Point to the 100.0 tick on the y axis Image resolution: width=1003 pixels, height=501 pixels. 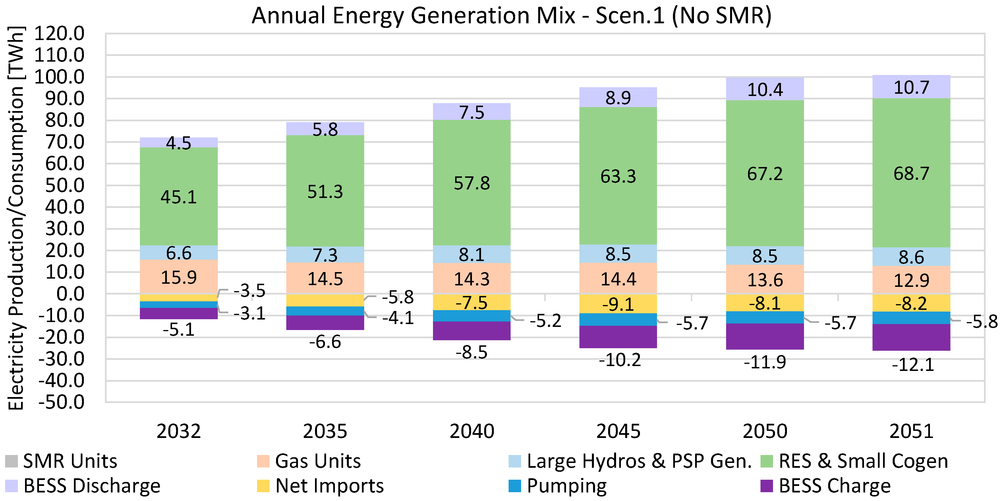point(59,77)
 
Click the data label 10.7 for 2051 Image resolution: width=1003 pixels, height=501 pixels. point(911,87)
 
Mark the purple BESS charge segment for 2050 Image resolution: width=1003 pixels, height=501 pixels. point(765,337)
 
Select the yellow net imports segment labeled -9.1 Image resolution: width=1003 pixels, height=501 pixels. point(618,304)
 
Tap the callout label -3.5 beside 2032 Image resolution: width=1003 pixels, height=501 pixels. point(249,291)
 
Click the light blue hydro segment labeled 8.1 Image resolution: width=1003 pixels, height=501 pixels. point(472,254)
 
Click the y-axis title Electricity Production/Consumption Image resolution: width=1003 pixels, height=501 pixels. point(16,218)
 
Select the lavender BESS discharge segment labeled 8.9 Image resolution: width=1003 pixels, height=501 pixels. point(618,97)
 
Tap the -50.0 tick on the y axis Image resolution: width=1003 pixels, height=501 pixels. point(61,402)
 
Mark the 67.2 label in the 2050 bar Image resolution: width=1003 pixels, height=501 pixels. point(765,174)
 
